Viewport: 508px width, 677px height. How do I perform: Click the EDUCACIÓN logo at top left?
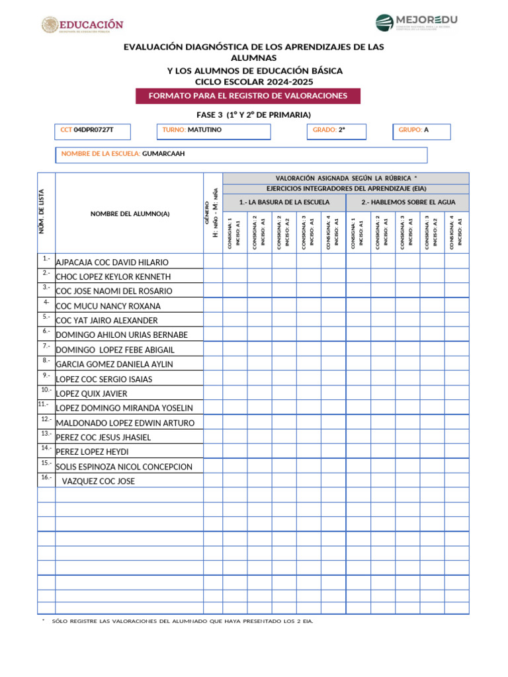click(x=82, y=25)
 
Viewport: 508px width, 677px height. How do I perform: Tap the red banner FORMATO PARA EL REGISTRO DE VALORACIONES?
click(x=248, y=96)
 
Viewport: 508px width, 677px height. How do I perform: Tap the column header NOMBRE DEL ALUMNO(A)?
click(x=130, y=214)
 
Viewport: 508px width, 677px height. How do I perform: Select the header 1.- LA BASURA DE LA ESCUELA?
click(x=284, y=202)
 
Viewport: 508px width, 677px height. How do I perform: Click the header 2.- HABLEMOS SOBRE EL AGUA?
click(x=407, y=202)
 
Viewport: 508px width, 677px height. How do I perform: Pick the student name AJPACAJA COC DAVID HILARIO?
click(x=112, y=262)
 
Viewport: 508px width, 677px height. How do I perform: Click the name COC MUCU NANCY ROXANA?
click(x=108, y=306)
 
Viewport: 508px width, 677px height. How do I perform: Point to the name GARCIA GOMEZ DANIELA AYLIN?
click(x=114, y=364)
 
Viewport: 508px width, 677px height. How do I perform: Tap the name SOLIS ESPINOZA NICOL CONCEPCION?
click(x=124, y=467)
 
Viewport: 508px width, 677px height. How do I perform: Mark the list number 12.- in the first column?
click(x=46, y=419)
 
